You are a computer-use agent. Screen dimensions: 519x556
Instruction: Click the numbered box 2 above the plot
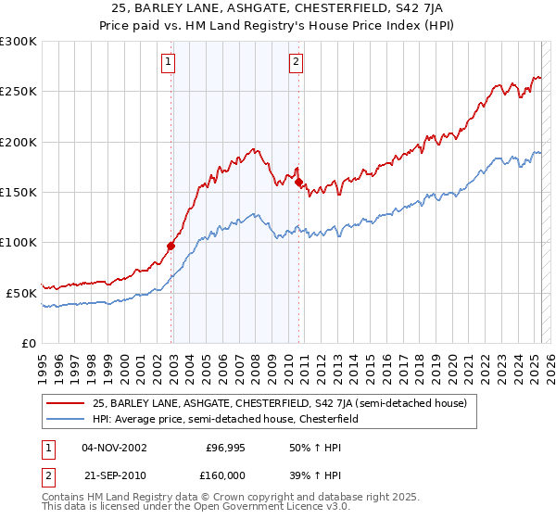296,63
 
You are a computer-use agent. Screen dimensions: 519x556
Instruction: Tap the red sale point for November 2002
171,246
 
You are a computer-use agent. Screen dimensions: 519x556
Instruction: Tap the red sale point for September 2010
299,183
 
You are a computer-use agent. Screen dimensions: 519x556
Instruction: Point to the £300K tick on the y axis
19,42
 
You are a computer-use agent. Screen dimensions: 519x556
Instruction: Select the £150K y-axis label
19,192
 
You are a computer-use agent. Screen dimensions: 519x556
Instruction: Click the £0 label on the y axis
29,343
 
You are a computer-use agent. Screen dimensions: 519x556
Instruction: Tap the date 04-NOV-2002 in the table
115,448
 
